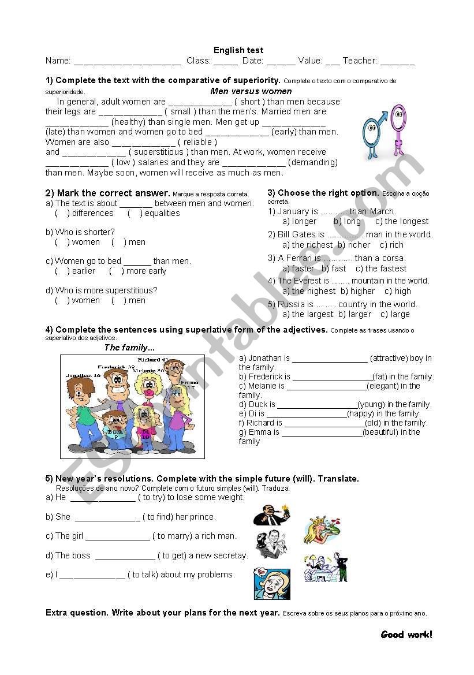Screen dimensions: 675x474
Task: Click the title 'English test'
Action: tap(238, 50)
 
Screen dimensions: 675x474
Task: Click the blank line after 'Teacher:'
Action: tap(397, 62)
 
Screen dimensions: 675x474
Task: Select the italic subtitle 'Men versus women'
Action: tap(251, 91)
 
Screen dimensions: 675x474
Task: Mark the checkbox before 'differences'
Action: tap(62, 214)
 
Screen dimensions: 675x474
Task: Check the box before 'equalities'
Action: tap(135, 214)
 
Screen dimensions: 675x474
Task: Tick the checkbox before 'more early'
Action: tap(116, 271)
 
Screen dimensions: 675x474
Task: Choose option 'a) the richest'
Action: tap(308, 245)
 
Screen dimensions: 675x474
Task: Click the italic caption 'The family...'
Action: tap(129, 348)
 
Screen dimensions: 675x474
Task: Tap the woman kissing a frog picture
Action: tap(322, 530)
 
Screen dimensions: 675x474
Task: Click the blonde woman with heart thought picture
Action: tap(272, 584)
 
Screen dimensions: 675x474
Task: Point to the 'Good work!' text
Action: tap(406, 635)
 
